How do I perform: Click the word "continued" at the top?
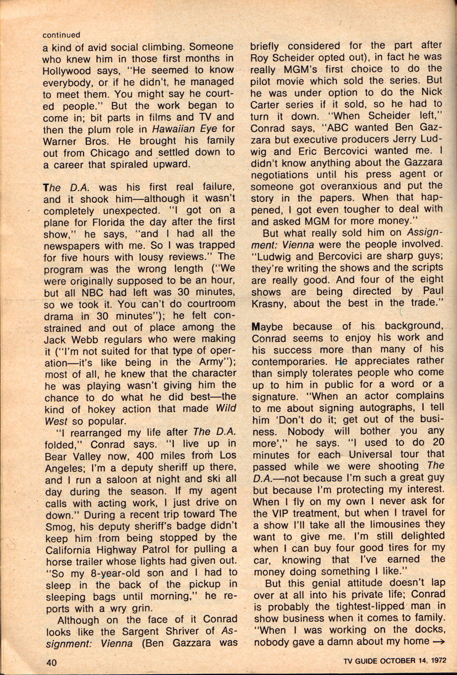pyautogui.click(x=61, y=35)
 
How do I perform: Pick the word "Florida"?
pyautogui.click(x=108, y=222)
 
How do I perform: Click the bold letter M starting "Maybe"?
pyautogui.click(x=256, y=327)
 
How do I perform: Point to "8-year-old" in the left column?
pyautogui.click(x=114, y=574)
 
